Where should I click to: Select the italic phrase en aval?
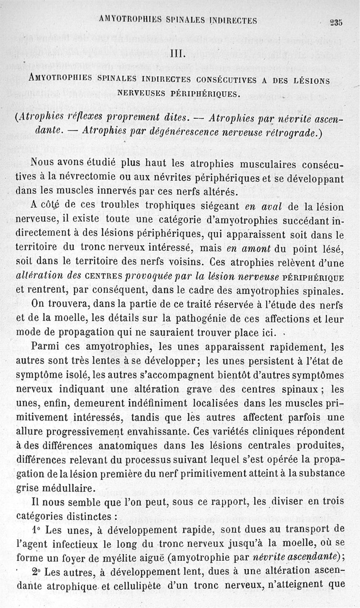(263, 207)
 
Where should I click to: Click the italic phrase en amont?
(249, 250)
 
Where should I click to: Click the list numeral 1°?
(37, 528)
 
